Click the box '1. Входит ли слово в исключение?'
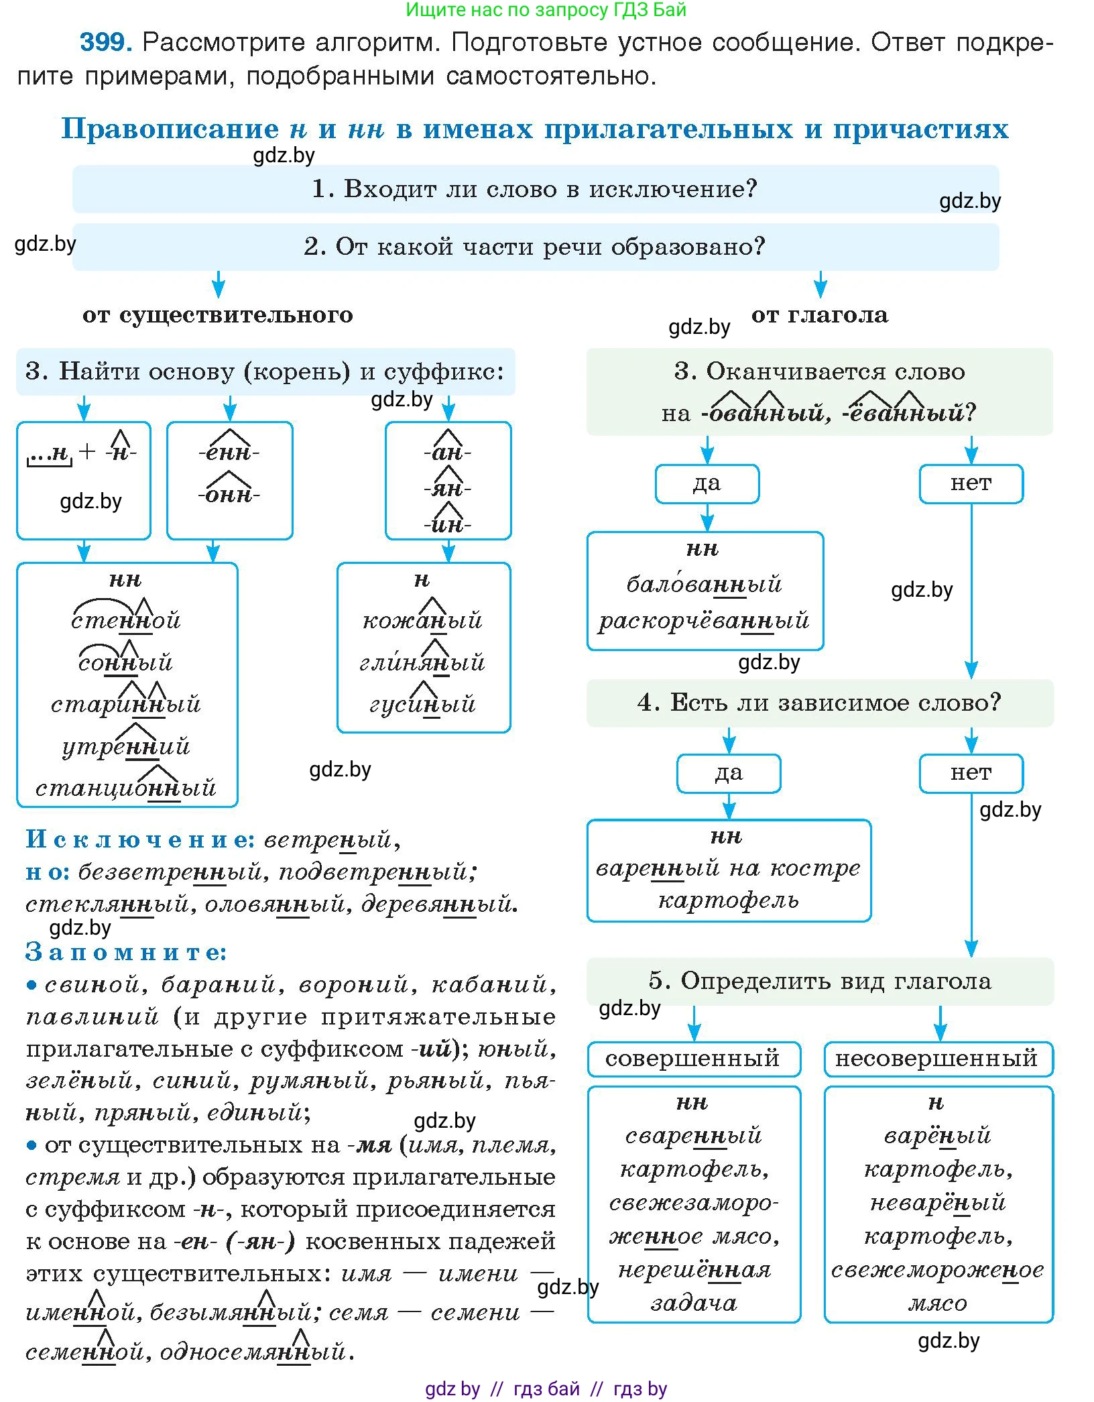coord(535,189)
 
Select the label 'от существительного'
coord(218,314)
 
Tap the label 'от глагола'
coord(819,314)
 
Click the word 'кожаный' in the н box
coord(422,620)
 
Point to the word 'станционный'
coord(126,787)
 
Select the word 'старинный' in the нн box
coord(126,704)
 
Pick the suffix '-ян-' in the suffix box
coord(448,489)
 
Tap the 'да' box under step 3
coord(707,483)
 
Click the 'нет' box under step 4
coord(971,773)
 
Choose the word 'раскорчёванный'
coord(704,621)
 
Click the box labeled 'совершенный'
coord(692,1059)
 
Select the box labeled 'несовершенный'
coord(937,1059)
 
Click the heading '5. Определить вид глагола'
coord(819,981)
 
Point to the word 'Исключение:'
coord(140,839)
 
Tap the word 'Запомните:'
coord(126,952)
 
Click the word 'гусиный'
coord(422,704)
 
